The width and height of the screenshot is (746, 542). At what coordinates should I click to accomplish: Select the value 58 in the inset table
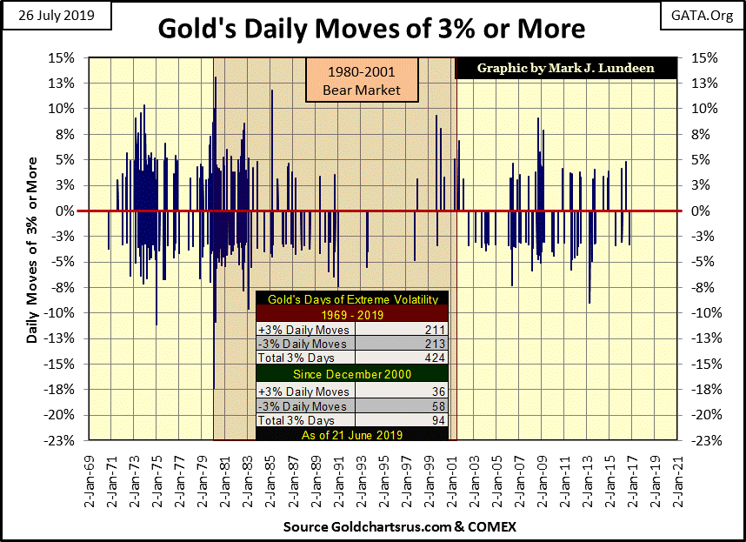pos(437,406)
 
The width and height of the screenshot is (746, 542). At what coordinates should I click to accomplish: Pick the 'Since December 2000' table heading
pos(352,375)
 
